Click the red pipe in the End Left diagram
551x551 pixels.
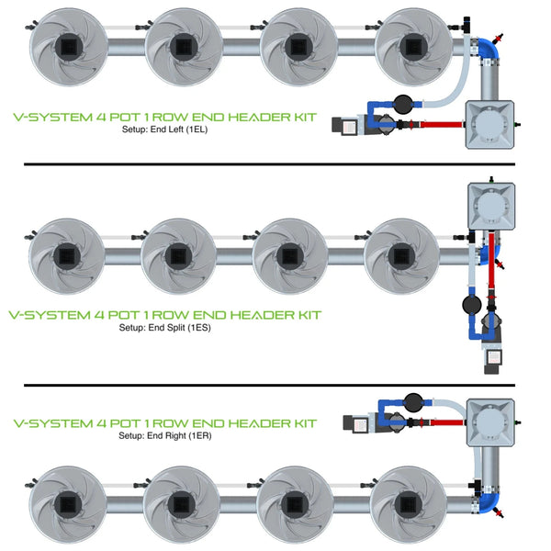(444, 123)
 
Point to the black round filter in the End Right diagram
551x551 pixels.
(411, 402)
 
